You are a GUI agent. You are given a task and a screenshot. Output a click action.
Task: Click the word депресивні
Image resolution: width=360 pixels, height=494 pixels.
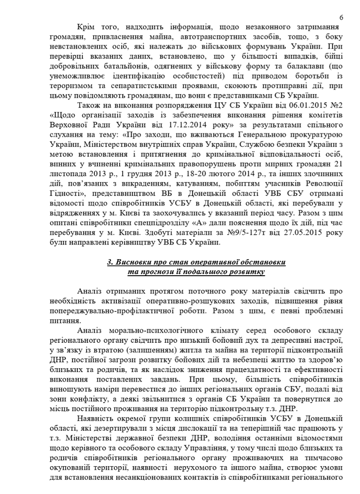[x=288, y=338]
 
